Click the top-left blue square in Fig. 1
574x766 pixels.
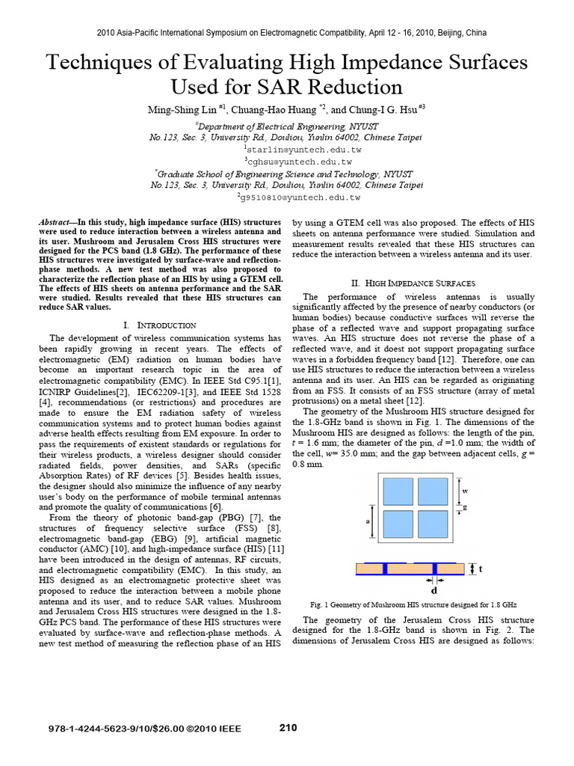click(x=398, y=491)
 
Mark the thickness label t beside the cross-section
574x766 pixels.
click(x=480, y=569)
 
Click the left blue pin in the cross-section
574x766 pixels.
click(x=385, y=569)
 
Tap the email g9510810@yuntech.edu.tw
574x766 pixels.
click(x=299, y=197)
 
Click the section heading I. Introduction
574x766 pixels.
click(x=158, y=325)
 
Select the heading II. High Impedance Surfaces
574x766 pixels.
click(x=413, y=284)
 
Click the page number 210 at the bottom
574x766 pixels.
click(x=288, y=727)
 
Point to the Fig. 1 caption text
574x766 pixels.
click(x=413, y=604)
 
